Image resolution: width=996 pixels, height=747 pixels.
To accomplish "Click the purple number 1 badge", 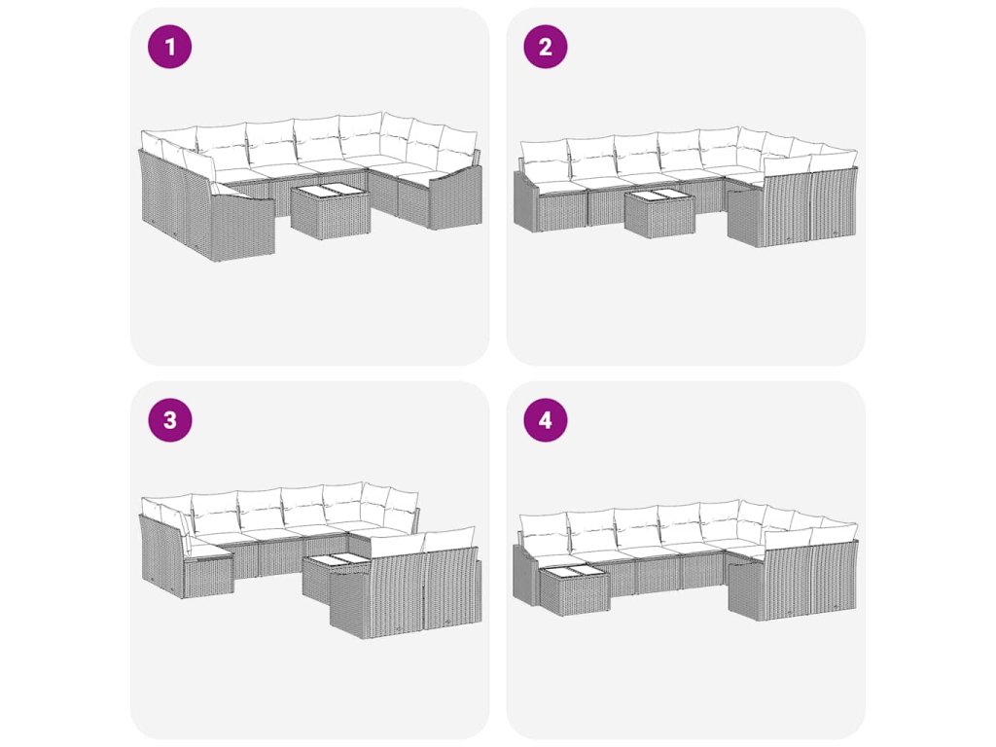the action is coord(169,47).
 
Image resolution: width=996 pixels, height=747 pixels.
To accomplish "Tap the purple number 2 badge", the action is coord(545,47).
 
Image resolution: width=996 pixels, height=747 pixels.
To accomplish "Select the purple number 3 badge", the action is coord(169,420).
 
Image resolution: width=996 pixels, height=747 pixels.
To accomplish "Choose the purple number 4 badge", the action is coord(545,420).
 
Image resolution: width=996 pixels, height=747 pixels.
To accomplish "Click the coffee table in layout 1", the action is coord(331,211).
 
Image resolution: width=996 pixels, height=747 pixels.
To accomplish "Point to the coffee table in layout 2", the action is coord(659,212).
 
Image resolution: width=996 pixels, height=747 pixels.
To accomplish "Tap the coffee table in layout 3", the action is coord(334,575).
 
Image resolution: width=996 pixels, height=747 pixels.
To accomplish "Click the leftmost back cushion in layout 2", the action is coord(544,161).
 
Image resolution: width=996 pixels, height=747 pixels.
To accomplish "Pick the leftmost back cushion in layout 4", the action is coord(544,535).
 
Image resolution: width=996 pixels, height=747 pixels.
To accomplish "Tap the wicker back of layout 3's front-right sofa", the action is coord(405,593).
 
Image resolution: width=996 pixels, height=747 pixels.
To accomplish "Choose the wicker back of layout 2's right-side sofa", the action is coord(810,209).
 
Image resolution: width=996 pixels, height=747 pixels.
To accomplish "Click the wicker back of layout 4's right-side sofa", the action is coord(810,583).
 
